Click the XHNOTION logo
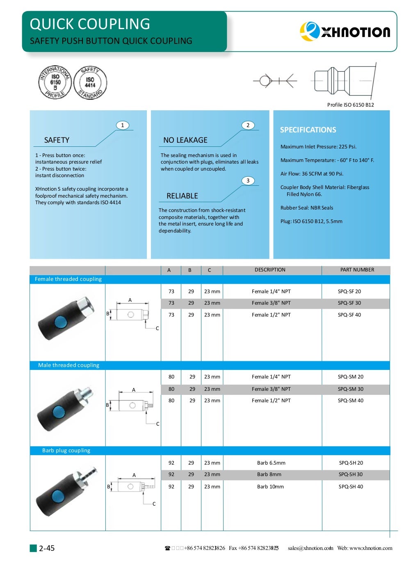[x=345, y=32]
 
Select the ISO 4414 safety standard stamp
[x=90, y=82]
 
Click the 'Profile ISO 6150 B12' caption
[x=350, y=105]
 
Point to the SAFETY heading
[x=57, y=140]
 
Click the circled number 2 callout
[x=248, y=125]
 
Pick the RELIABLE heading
[x=182, y=196]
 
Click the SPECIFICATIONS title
[x=308, y=130]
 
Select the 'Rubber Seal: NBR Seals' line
[x=306, y=208]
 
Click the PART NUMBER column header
[x=357, y=270]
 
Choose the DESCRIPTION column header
[x=270, y=270]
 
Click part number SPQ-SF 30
[x=349, y=303]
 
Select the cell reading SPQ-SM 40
[x=350, y=401]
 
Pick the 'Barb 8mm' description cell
[x=269, y=474]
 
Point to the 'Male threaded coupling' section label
[x=68, y=365]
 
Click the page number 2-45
[x=46, y=548]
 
